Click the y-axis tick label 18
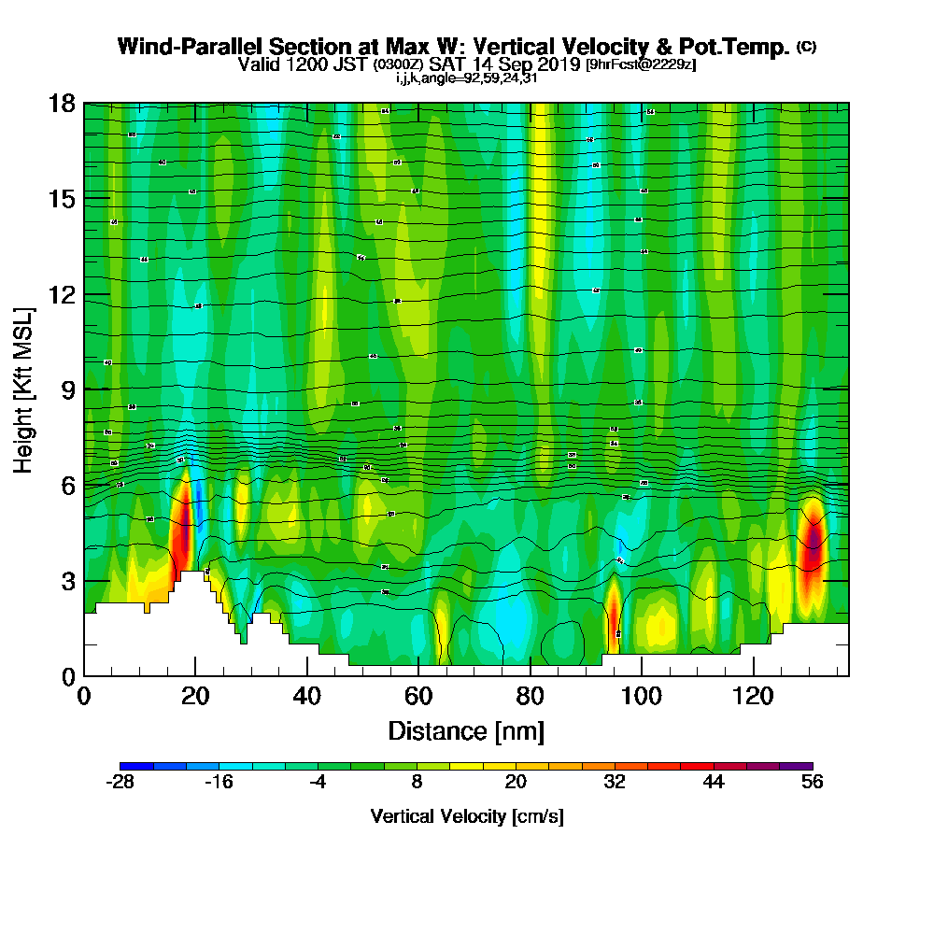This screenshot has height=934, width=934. point(62,103)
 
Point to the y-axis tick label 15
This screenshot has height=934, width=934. point(62,199)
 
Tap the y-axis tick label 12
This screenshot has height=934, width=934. point(62,295)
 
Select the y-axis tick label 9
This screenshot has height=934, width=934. point(68,390)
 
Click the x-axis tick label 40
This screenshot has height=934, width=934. point(307,696)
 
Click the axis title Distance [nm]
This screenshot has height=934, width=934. point(466,730)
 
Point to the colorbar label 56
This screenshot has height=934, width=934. point(812,784)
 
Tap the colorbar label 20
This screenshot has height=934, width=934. point(516,784)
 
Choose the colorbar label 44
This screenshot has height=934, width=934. point(714,784)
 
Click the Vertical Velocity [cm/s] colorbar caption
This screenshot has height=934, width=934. point(466,816)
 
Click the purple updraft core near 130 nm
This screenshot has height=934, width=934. point(814,544)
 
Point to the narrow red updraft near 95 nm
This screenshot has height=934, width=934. point(614,612)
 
